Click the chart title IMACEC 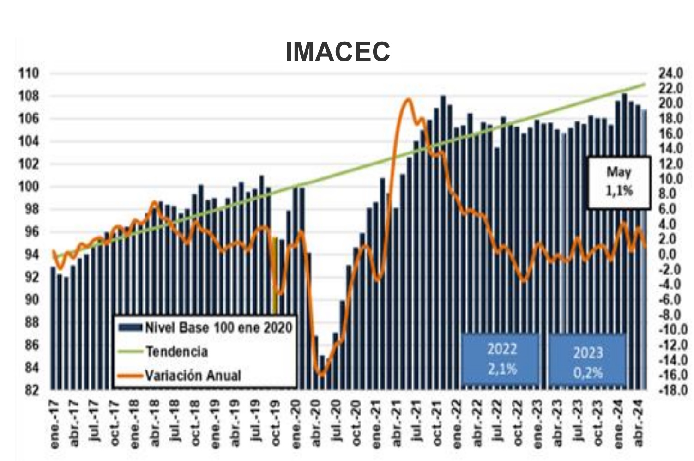point(338,51)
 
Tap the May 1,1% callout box point(619,182)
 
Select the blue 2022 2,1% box point(501,359)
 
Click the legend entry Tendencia point(176,352)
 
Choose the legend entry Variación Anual point(193,375)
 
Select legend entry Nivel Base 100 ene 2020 point(218,328)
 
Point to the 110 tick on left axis point(29,73)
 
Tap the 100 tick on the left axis point(29,187)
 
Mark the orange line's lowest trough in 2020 point(321,375)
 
